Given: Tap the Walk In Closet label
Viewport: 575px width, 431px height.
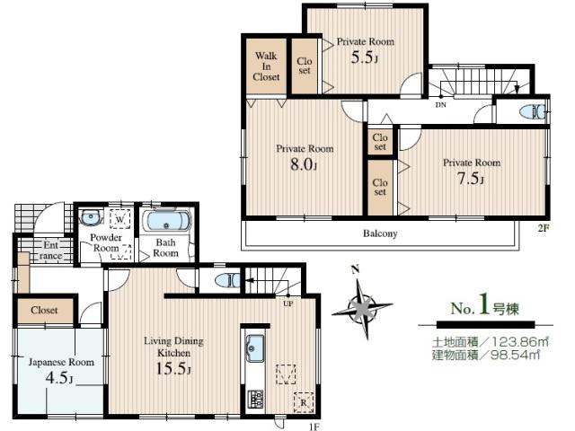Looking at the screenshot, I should click(266, 66).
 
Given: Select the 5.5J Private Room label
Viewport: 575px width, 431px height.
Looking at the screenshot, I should click(366, 40).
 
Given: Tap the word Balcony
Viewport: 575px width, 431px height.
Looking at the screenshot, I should click(380, 233).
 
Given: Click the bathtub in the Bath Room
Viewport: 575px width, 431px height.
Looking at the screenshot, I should click(166, 221).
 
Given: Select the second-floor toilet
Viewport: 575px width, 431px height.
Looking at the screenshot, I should click(535, 112).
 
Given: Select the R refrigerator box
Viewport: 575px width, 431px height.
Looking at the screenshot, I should click(303, 401).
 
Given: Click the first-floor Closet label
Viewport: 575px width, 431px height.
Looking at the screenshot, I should click(44, 310).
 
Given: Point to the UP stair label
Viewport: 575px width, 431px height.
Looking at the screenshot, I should click(287, 303).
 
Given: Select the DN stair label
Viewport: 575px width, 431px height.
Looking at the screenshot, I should click(440, 104).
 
